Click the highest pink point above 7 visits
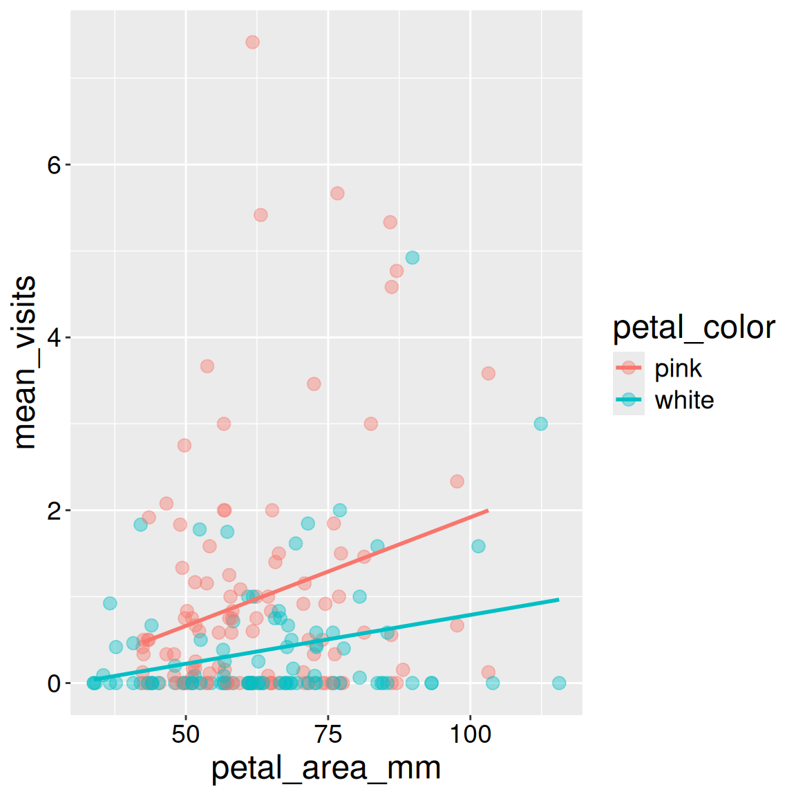[x=252, y=42]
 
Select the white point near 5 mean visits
[x=413, y=258]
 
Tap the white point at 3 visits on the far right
[x=541, y=424]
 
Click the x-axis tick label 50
[x=186, y=734]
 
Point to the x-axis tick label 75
[x=328, y=734]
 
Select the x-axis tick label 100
[x=471, y=734]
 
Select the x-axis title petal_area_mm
[x=326, y=768]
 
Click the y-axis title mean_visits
[x=25, y=363]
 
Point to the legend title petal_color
[x=694, y=328]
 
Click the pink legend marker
[x=629, y=368]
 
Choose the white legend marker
[x=629, y=399]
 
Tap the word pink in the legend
[x=678, y=368]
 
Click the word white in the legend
[x=684, y=400]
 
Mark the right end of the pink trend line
[x=488, y=511]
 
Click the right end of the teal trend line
[x=558, y=600]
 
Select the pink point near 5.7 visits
[x=337, y=193]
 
